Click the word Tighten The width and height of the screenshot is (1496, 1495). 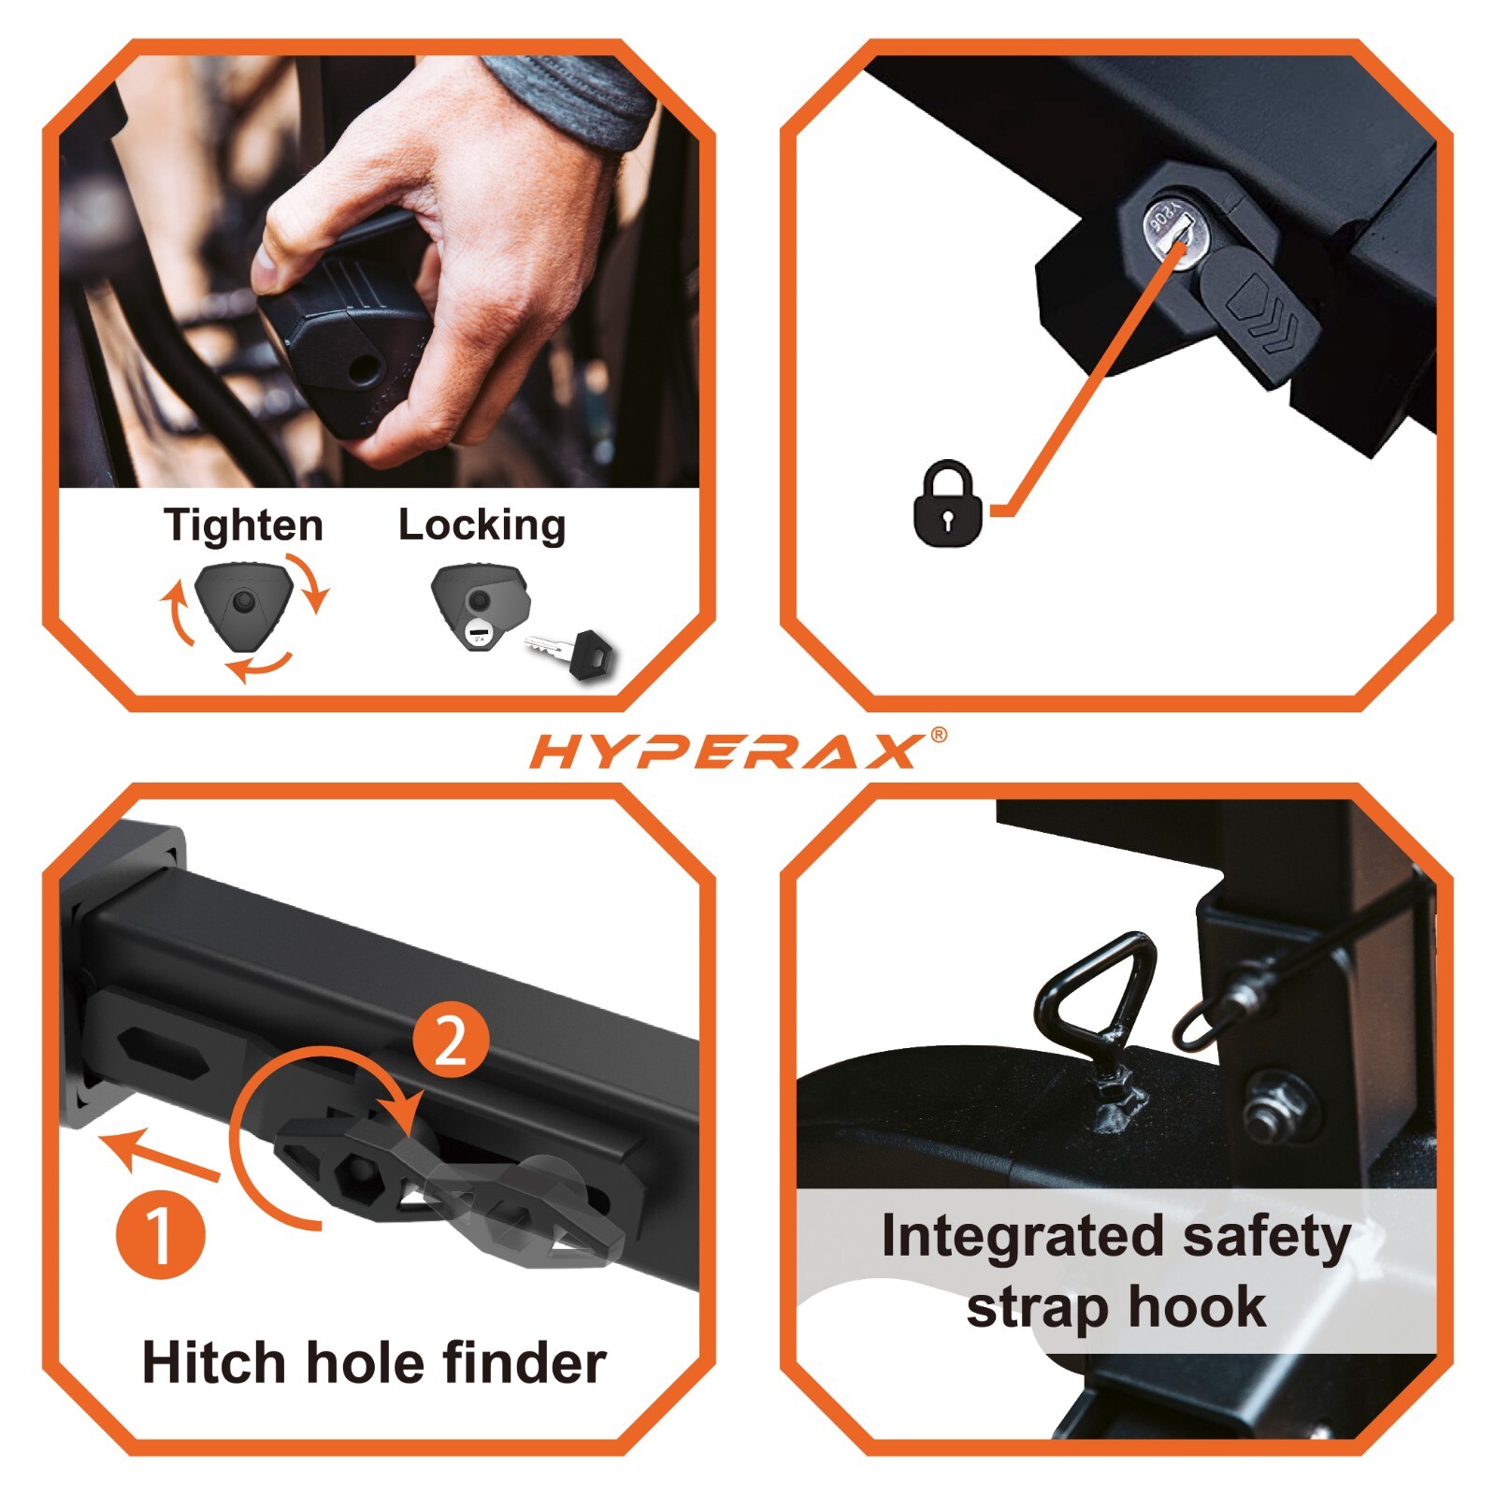(x=243, y=525)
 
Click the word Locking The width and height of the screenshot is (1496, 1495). (x=482, y=525)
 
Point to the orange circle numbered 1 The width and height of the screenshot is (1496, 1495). (x=160, y=1233)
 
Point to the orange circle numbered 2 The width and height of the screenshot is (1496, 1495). (x=451, y=1040)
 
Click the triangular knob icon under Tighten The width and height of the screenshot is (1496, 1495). (x=244, y=604)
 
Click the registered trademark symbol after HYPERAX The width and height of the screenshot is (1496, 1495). (x=939, y=735)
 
